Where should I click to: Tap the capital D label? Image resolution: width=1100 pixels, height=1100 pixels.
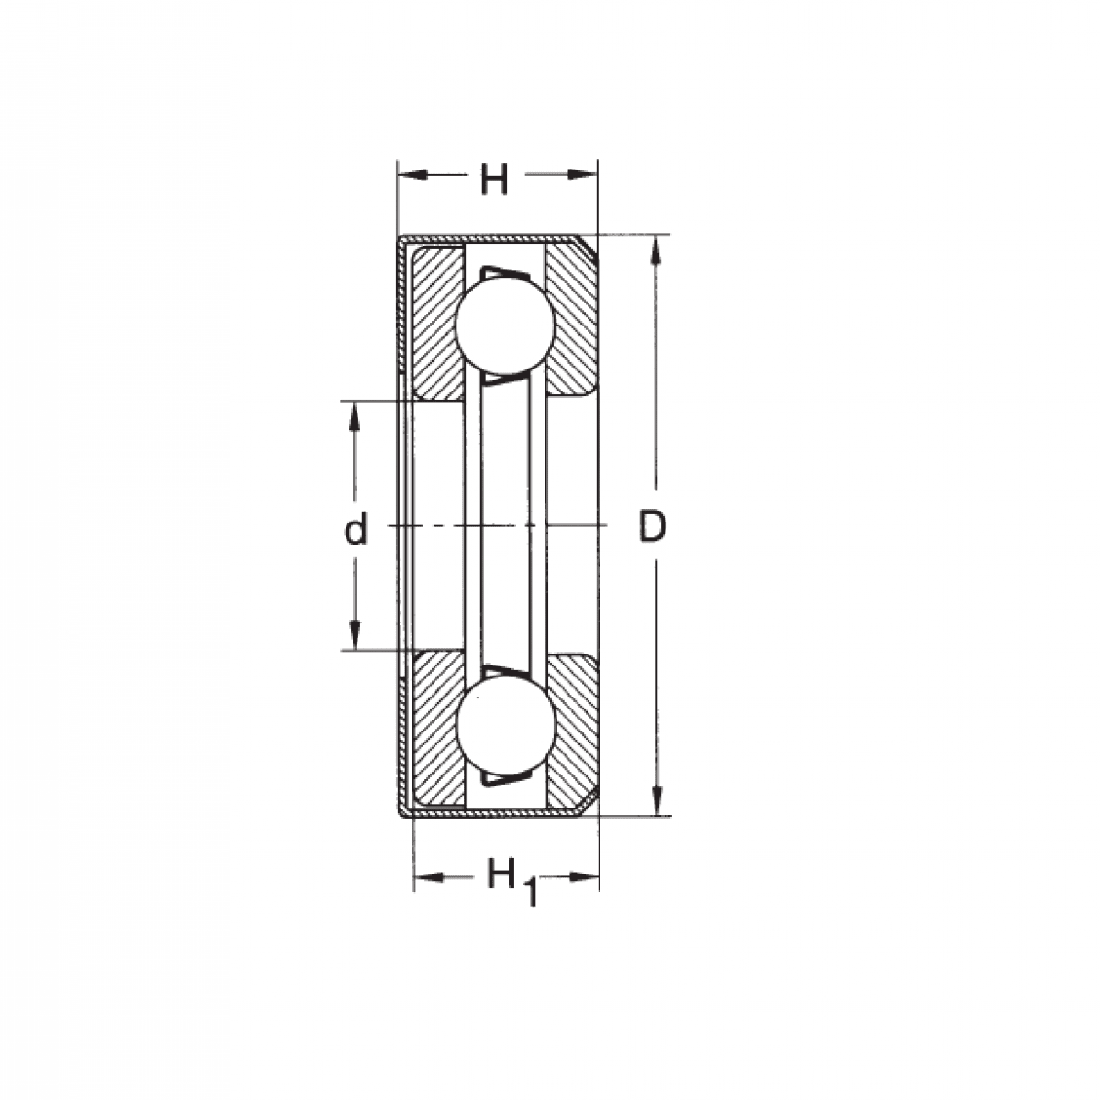[x=652, y=526]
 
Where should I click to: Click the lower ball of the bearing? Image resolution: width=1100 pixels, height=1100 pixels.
[x=505, y=725]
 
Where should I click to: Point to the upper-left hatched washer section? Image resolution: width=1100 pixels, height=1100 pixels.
[x=437, y=323]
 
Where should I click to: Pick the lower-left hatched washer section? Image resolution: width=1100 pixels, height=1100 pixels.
[x=437, y=730]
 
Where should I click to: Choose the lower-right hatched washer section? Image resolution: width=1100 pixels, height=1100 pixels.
[x=573, y=732]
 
